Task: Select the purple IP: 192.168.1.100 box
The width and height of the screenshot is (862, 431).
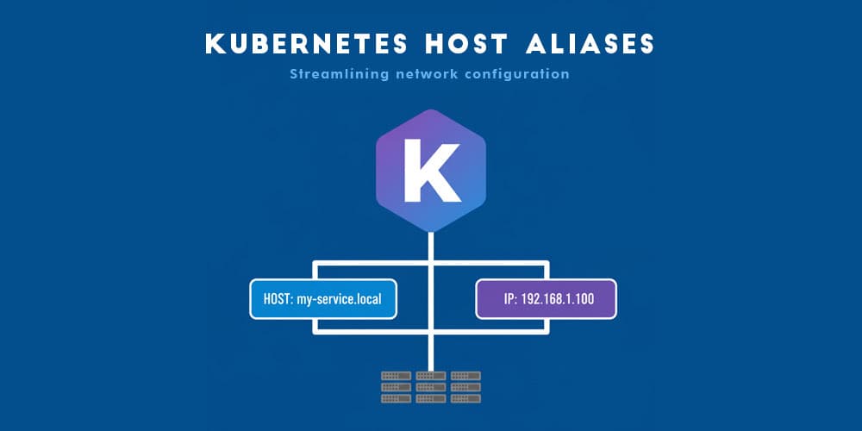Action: [x=546, y=299]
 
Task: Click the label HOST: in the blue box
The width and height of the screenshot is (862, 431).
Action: [x=279, y=299]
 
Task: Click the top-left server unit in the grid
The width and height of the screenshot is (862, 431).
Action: [x=396, y=377]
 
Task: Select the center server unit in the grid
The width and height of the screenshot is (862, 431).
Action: [x=430, y=387]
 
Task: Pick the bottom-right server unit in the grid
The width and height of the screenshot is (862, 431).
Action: [x=465, y=397]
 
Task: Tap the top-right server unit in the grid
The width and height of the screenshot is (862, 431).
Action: [x=465, y=377]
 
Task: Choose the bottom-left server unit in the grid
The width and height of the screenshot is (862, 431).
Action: [x=396, y=397]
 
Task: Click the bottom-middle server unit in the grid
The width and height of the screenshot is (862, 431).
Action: [x=430, y=397]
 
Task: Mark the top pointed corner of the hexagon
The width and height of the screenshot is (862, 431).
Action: [x=430, y=110]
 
